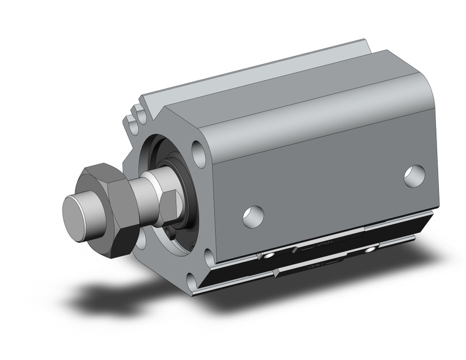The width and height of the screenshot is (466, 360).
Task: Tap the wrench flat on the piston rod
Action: click(171, 202)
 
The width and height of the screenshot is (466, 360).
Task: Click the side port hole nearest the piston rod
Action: click(253, 215)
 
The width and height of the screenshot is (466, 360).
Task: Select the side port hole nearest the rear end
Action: click(414, 176)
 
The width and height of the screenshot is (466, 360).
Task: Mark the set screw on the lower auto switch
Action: click(370, 250)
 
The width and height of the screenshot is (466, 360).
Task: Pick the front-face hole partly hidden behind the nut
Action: click(140, 239)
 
